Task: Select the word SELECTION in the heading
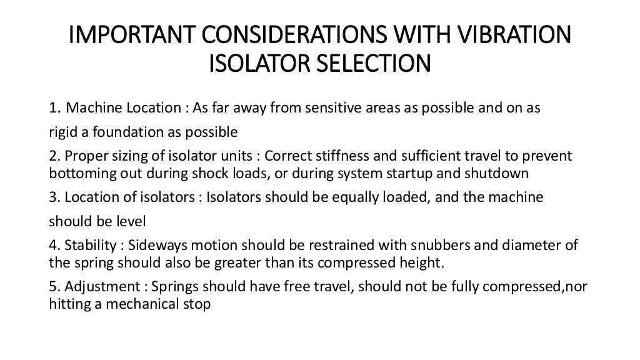pyautogui.click(x=369, y=64)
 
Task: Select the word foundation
pyautogui.click(x=117, y=132)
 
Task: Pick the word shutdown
pyautogui.click(x=503, y=173)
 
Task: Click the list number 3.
pyautogui.click(x=53, y=197)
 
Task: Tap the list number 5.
pyautogui.click(x=53, y=287)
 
